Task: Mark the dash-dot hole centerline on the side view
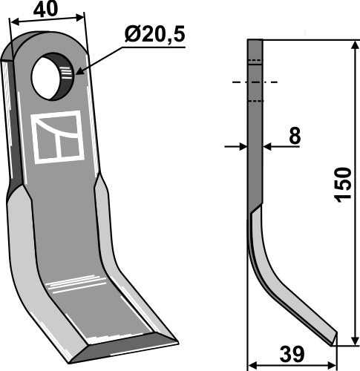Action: click(x=253, y=82)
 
